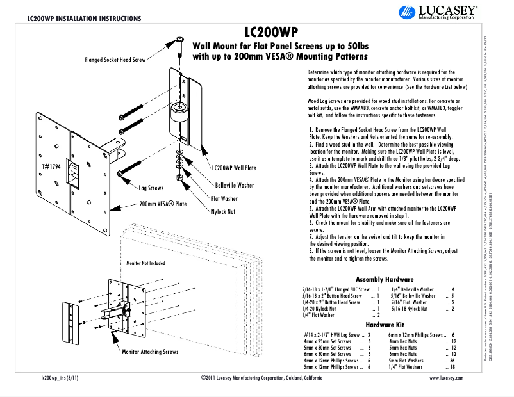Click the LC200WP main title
(x=272, y=32)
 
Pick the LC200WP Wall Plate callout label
(x=234, y=168)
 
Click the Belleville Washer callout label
(x=233, y=185)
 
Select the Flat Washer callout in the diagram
(x=225, y=199)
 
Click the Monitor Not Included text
(x=145, y=263)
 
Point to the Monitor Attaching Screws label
(x=150, y=352)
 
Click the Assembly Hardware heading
(x=384, y=279)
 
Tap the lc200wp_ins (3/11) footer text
(x=59, y=379)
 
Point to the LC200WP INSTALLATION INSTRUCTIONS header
(x=83, y=18)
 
